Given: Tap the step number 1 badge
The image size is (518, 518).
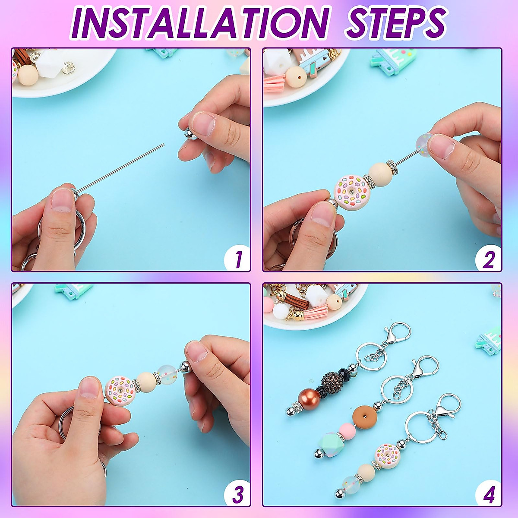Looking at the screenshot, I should (x=237, y=259).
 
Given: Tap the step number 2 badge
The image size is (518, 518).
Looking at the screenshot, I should (x=488, y=259).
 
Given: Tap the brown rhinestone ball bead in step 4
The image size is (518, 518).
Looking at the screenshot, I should (x=332, y=380).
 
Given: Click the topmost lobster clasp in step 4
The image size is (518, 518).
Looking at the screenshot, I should (x=398, y=332).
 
